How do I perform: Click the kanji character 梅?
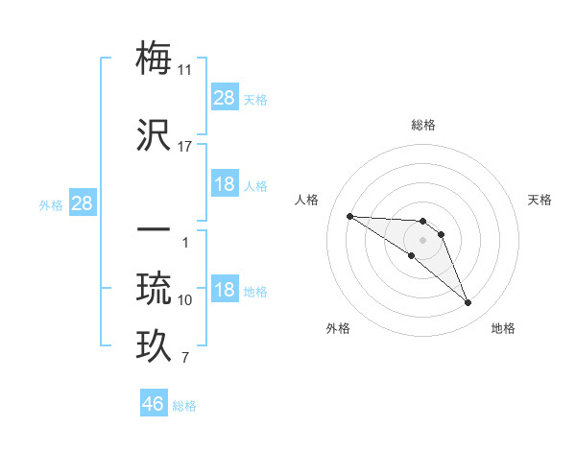(x=155, y=59)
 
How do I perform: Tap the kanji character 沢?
(x=155, y=133)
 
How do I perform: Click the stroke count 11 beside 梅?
(x=185, y=70)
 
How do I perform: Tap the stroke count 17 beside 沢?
(x=185, y=146)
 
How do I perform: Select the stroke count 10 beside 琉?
(x=185, y=300)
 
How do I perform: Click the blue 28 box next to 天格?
(x=225, y=98)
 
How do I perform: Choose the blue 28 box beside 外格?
(x=82, y=203)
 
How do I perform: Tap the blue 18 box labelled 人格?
(x=225, y=184)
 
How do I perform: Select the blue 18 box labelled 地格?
(x=225, y=291)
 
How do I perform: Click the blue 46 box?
(x=154, y=404)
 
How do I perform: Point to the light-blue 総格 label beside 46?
(x=185, y=406)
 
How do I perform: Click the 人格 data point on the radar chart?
(x=349, y=216)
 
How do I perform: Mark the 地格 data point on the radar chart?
(x=468, y=303)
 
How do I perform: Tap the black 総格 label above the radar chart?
(x=423, y=125)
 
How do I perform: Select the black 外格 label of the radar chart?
(x=338, y=328)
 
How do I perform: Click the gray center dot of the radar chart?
(x=423, y=239)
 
